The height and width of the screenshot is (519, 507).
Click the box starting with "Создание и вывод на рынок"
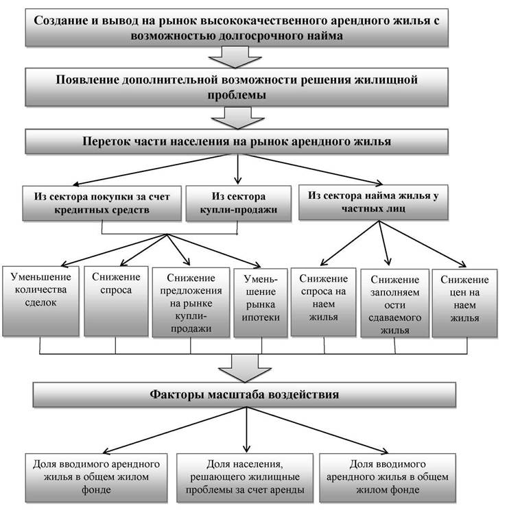237,27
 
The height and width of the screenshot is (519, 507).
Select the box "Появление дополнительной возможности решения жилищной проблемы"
237,87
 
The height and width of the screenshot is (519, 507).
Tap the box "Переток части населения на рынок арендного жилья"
237,141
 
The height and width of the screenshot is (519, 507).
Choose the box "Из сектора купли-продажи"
239,203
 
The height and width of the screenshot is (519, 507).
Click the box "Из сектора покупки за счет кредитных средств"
102,203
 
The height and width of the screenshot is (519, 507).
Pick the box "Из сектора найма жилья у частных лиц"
373,202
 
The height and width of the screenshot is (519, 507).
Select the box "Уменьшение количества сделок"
40,301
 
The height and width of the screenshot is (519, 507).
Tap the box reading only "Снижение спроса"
116,301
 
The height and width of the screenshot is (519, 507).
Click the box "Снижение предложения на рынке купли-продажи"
191,302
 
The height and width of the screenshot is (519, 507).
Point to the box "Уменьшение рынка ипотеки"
261,303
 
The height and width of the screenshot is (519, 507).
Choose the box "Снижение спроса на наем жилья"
324,302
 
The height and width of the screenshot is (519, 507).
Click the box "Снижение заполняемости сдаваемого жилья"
394,303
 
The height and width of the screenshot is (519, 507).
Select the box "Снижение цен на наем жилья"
464,303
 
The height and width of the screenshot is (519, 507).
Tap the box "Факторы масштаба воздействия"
244,394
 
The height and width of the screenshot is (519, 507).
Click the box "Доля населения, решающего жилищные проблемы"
245,478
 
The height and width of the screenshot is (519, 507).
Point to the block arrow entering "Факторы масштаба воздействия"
245,368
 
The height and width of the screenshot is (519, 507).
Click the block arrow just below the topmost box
235,58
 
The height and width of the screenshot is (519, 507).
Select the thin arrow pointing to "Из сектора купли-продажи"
238,169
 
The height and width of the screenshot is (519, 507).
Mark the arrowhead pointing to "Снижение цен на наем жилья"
463,265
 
